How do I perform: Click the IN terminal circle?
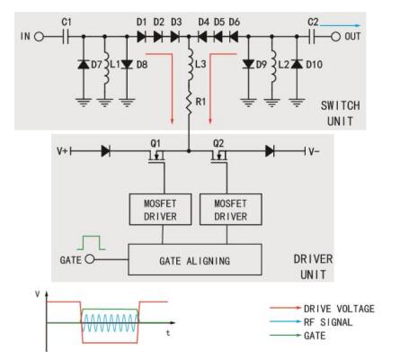pos(39,37)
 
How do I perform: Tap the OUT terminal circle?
pos(335,37)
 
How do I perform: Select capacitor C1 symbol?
pos(66,37)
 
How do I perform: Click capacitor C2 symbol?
pos(312,37)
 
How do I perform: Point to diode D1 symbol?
pos(141,37)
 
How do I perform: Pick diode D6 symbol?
pos(234,37)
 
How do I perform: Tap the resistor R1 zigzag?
pos(189,102)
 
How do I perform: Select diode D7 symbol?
pos(84,64)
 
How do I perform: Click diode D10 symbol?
pos(297,64)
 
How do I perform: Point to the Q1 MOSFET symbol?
pos(157,156)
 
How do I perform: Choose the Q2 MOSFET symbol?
pos(219,156)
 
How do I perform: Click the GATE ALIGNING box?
pos(195,259)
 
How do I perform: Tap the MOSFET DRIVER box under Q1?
pos(160,210)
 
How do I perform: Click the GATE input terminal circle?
pos(90,259)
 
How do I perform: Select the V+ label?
pos(62,151)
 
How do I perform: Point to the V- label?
pos(315,151)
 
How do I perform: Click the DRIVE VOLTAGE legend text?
pos(339,309)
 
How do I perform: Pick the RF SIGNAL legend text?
pos(328,322)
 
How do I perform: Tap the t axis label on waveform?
pos(168,333)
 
